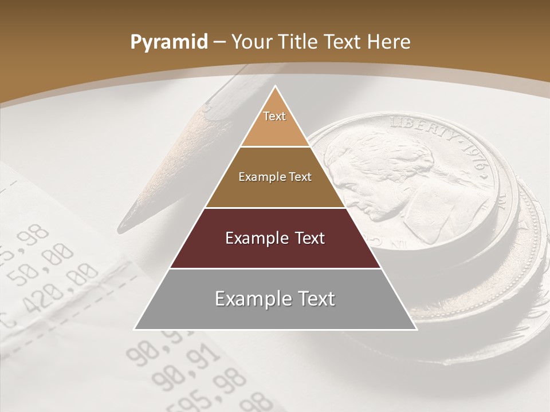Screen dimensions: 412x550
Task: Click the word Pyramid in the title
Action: point(169,42)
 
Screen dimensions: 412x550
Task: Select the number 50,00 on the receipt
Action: point(40,266)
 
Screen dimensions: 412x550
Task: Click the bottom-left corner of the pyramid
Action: point(135,330)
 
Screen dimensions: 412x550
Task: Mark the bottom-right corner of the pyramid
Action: point(417,330)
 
